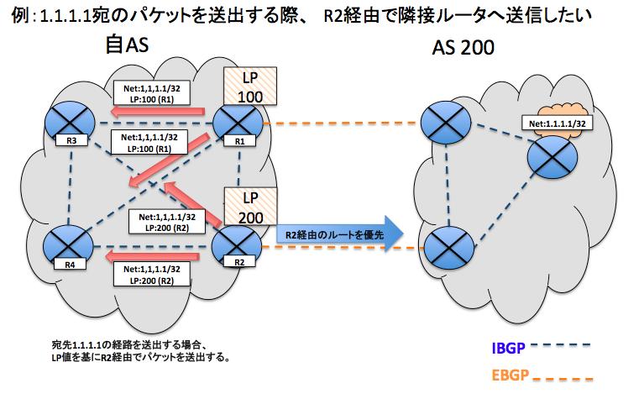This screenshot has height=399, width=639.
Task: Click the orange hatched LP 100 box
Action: (249, 87)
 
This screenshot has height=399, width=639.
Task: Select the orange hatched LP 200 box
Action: (249, 207)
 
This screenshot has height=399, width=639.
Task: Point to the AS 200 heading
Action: (463, 48)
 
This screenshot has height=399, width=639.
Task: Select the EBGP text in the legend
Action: (509, 373)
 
